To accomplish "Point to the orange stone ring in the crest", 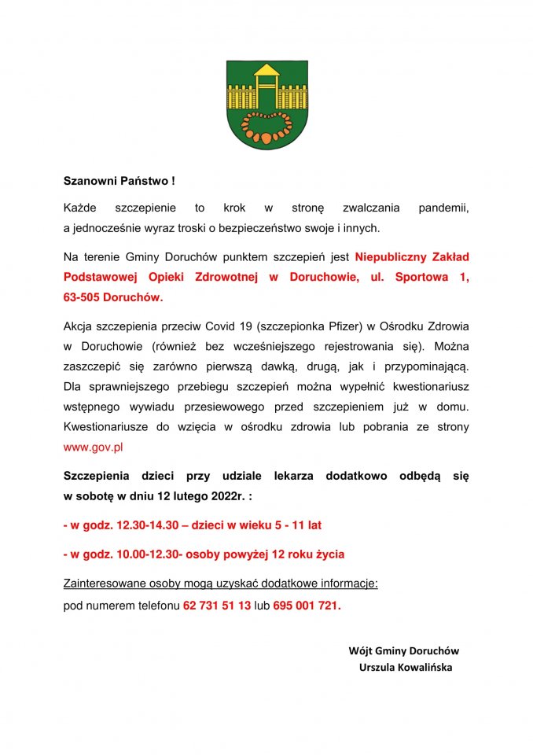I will [266, 126].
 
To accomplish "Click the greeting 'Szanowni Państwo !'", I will [119, 181].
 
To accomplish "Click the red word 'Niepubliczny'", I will [389, 257].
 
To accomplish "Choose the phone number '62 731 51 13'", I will [217, 606].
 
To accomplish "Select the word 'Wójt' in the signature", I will [360, 651].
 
